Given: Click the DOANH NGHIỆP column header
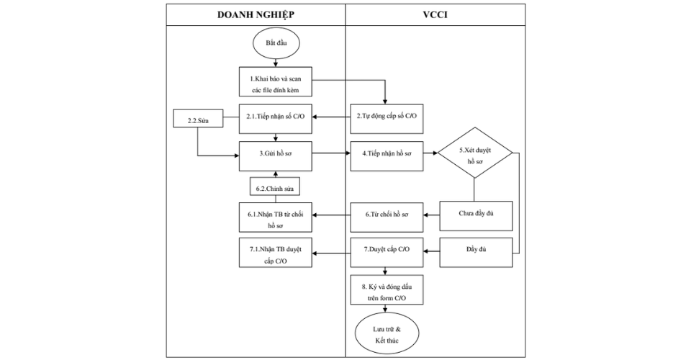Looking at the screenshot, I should pyautogui.click(x=256, y=15).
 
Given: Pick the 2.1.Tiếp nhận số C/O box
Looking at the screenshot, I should pyautogui.click(x=276, y=117).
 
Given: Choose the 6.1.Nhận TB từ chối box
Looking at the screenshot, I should pyautogui.click(x=276, y=217).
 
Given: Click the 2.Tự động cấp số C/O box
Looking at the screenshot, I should pyautogui.click(x=387, y=117).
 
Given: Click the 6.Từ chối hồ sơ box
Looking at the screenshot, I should pyautogui.click(x=387, y=215).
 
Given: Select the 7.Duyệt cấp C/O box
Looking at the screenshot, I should pyautogui.click(x=387, y=250).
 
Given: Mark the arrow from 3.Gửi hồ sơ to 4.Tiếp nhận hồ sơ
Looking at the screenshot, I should pyautogui.click(x=332, y=153).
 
